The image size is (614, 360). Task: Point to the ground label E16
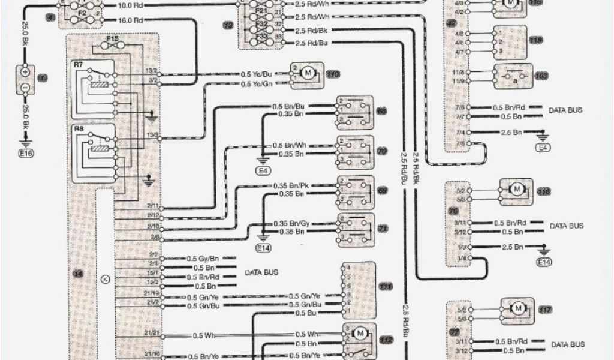[26, 154]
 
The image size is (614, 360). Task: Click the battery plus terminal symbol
[26, 71]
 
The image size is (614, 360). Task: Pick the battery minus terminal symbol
[26, 87]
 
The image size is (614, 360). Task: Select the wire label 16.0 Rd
[131, 20]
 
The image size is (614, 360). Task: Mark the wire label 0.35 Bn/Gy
[291, 223]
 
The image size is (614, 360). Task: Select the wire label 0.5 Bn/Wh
[290, 146]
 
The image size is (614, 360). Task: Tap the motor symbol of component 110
[308, 73]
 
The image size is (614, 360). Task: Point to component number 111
[385, 287]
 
